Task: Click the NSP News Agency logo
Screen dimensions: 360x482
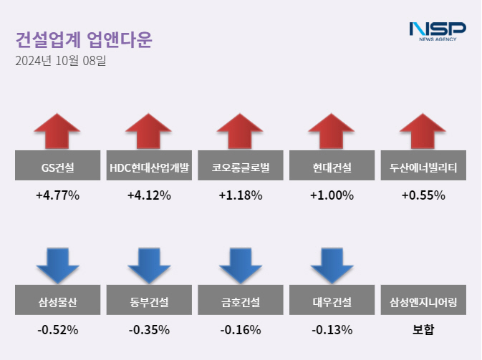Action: [x=437, y=31]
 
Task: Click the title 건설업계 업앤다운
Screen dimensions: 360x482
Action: [x=84, y=39]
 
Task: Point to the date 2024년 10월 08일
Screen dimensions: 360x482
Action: [x=60, y=62]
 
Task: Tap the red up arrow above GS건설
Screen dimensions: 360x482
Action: [x=57, y=130]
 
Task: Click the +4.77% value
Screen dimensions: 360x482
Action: [x=57, y=195]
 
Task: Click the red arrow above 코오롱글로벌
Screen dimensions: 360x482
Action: [x=241, y=130]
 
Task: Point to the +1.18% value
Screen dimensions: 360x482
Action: [x=241, y=195]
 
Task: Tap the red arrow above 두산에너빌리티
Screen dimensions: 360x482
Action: [x=423, y=130]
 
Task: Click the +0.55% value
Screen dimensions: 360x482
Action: [x=423, y=195]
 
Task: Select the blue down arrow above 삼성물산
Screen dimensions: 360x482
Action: [x=57, y=266]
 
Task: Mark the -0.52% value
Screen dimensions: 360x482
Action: [x=57, y=330]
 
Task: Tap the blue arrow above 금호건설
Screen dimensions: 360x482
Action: [x=241, y=266]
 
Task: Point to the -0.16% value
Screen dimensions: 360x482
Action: [x=241, y=330]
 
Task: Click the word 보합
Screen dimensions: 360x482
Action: [x=423, y=330]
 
